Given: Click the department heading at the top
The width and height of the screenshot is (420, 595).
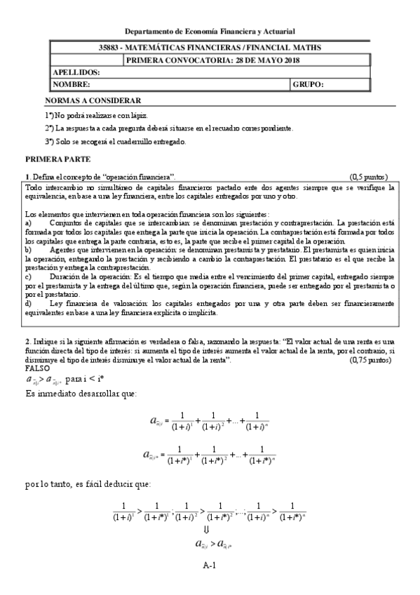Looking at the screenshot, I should pos(210,32).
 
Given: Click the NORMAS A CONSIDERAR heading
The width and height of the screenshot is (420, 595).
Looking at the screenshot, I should pos(93,100).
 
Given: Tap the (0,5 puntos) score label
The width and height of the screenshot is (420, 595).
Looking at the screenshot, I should pos(369,177).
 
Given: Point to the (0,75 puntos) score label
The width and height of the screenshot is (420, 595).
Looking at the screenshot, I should pos(371,360).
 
